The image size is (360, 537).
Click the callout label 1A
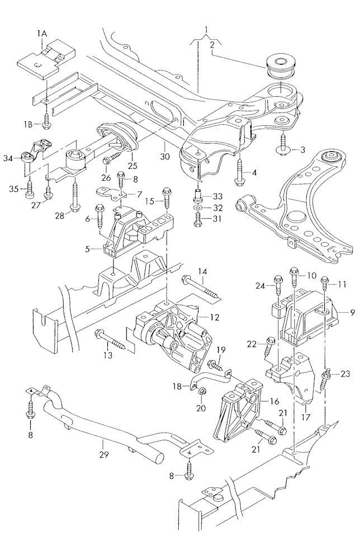click(42, 33)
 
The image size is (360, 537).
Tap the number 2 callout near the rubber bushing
click(212, 45)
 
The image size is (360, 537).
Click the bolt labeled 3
click(283, 144)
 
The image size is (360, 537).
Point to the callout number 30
click(165, 157)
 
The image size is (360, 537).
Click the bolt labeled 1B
click(46, 121)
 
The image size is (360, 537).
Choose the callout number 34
click(8, 158)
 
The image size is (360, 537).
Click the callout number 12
click(215, 318)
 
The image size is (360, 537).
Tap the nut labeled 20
click(202, 391)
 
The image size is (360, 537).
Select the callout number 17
click(306, 417)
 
